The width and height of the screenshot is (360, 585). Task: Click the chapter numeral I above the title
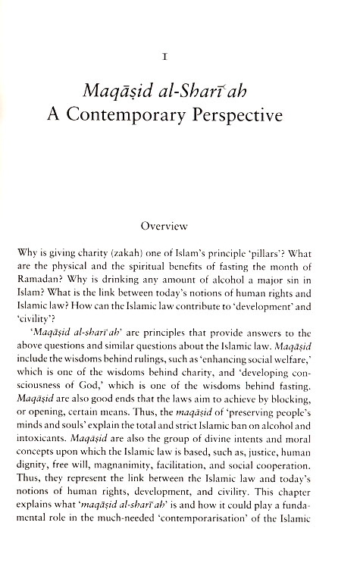coord(179,55)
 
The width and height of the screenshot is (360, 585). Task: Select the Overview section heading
coord(180,224)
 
